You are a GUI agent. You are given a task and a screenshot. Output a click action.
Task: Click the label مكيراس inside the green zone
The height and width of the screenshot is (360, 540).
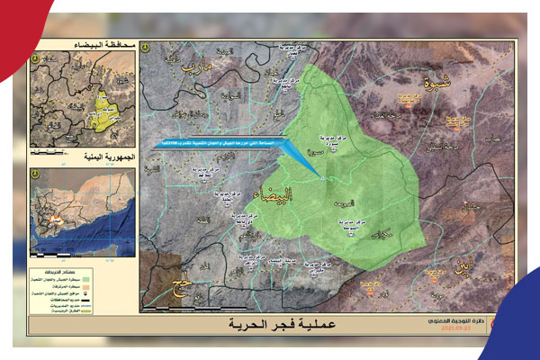pyautogui.click(x=379, y=233)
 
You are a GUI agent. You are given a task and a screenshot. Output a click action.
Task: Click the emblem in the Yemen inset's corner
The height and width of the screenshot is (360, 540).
pyautogui.click(x=37, y=175)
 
